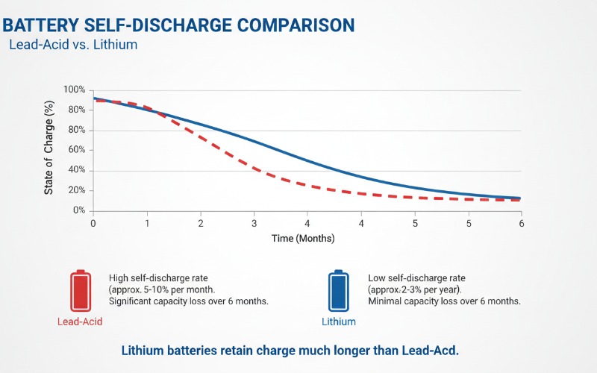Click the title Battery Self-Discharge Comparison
179,25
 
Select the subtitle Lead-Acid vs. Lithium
73,45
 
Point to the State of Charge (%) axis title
49,150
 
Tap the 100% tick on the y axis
74,90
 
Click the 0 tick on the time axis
93,224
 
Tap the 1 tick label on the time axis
147,224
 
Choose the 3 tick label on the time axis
254,224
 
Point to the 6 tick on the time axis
521,224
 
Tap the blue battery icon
339,291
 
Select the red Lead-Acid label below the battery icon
79,322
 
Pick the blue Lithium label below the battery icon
339,322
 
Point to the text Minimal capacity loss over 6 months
444,301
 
